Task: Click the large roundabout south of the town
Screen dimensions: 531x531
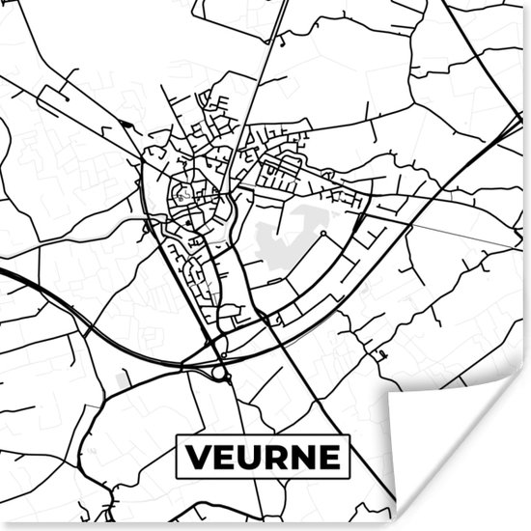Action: [x=219, y=372]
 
